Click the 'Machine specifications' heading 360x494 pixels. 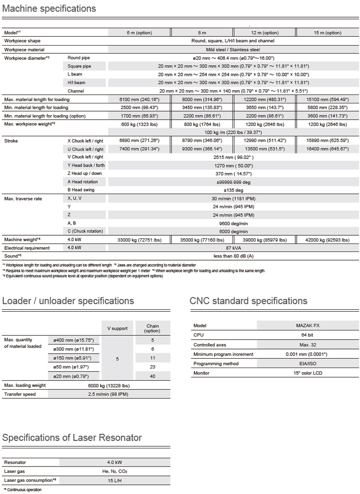49,9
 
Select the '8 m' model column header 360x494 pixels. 202,33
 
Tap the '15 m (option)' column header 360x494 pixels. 327,33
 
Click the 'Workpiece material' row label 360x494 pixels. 24,49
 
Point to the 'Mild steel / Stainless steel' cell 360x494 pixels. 233,49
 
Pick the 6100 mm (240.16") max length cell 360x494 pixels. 139,99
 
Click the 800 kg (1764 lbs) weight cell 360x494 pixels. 202,124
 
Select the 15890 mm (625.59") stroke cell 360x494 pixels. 327,141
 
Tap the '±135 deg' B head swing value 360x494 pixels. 233,190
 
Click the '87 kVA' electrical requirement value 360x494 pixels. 233,248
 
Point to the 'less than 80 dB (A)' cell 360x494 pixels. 233,256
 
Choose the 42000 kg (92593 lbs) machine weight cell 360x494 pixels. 327,240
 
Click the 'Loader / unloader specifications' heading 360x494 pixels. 68,301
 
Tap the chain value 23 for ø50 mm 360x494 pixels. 153,366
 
